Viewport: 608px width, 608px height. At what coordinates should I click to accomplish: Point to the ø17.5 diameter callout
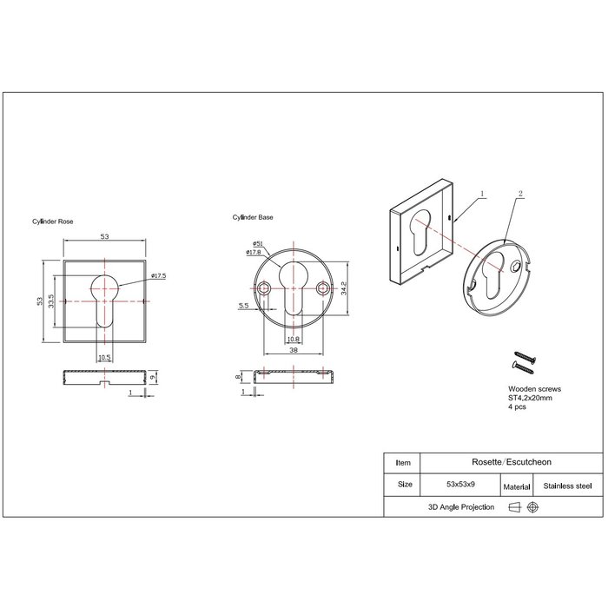tap(157, 276)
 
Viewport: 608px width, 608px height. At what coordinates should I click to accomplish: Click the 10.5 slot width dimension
tap(104, 357)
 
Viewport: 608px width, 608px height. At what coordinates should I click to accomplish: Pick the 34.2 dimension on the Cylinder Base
tap(345, 287)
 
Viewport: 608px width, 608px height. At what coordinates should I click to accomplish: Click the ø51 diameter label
tap(258, 242)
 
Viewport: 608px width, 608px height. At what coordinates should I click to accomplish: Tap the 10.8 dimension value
tap(293, 339)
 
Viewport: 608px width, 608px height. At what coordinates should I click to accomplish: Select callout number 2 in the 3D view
tap(520, 196)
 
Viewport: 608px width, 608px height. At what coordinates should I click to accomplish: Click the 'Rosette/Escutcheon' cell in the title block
tap(503, 463)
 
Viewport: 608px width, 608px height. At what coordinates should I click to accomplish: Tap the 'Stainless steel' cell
tap(568, 486)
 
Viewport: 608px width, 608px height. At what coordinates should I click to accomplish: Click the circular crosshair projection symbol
tap(532, 507)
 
